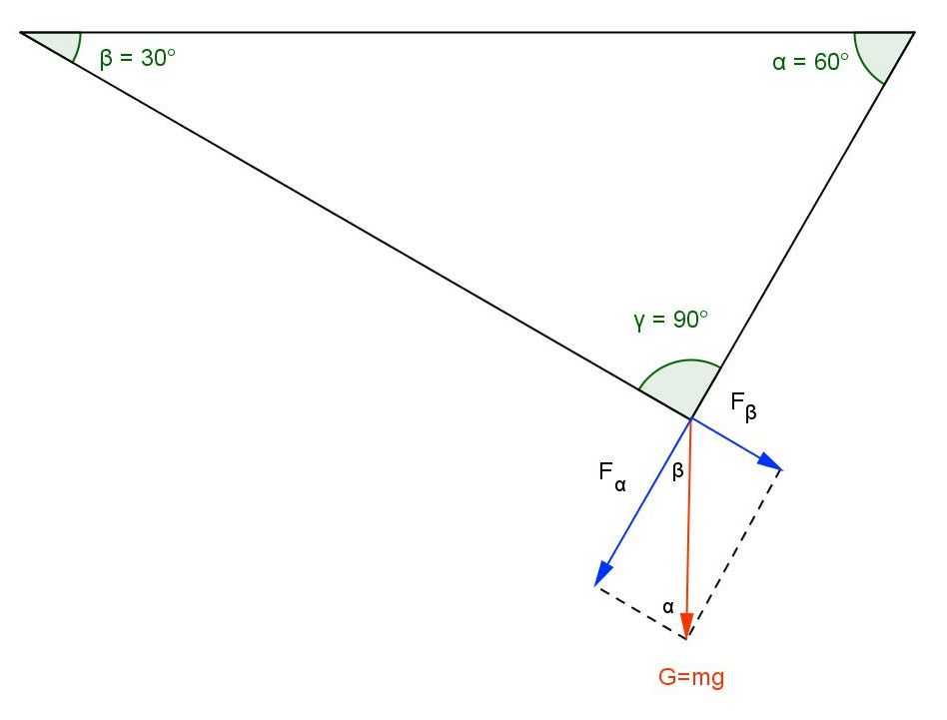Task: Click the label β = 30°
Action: click(138, 58)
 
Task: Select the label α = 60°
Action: click(810, 62)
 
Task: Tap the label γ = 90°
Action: click(670, 320)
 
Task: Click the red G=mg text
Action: click(691, 677)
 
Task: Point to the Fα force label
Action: click(611, 475)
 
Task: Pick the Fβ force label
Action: click(743, 405)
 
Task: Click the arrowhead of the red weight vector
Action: click(686, 625)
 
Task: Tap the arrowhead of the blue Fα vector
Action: click(602, 574)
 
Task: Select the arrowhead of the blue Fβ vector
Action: click(769, 461)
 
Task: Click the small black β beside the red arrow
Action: click(677, 470)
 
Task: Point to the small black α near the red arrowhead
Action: click(668, 606)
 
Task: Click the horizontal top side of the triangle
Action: click(468, 32)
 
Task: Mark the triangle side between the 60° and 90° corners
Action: click(803, 225)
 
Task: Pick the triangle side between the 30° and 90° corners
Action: click(356, 225)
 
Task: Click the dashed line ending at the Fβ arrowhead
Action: click(735, 553)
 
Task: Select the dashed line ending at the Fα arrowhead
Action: click(641, 611)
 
